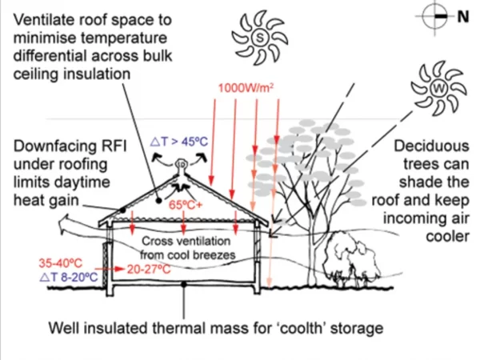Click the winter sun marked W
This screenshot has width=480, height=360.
click(436, 86)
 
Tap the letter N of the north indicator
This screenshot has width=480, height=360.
click(462, 15)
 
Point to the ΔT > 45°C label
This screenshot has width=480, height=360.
click(179, 142)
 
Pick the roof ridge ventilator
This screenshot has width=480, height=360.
click(180, 166)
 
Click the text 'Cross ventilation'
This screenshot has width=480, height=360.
click(186, 242)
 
